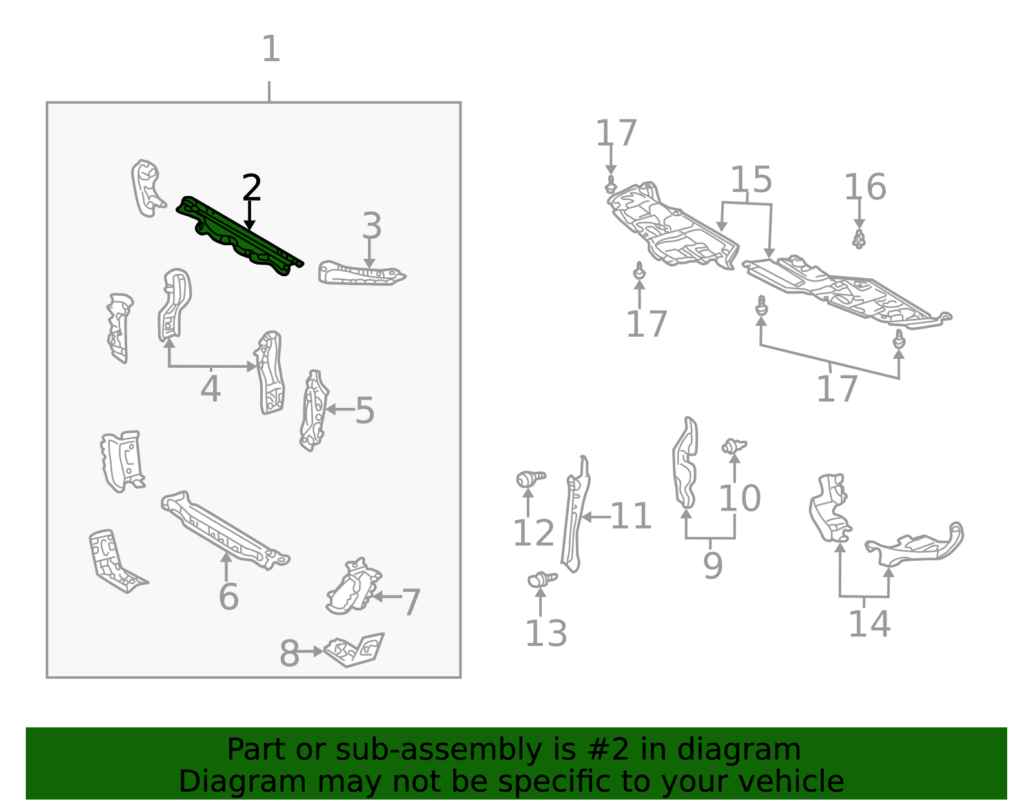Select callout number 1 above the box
click(x=271, y=48)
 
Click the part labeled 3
click(x=362, y=274)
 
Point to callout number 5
click(x=365, y=410)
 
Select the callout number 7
click(x=411, y=602)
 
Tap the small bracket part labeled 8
click(x=354, y=650)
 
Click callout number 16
click(x=864, y=186)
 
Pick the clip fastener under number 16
click(x=859, y=239)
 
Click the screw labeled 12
click(x=531, y=478)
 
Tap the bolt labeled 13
click(x=542, y=579)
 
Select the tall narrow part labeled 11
click(x=576, y=514)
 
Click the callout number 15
click(x=751, y=179)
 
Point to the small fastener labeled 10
click(x=734, y=446)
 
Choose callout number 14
click(x=870, y=623)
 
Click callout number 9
click(x=713, y=565)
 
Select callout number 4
click(x=210, y=389)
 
